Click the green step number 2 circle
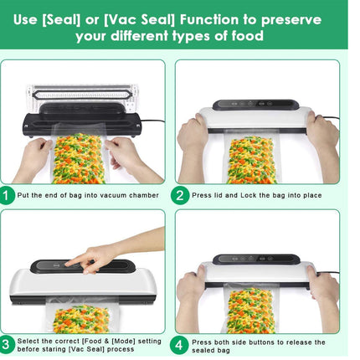180,196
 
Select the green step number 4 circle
180,344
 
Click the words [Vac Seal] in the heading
152,15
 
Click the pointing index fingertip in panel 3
69,265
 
